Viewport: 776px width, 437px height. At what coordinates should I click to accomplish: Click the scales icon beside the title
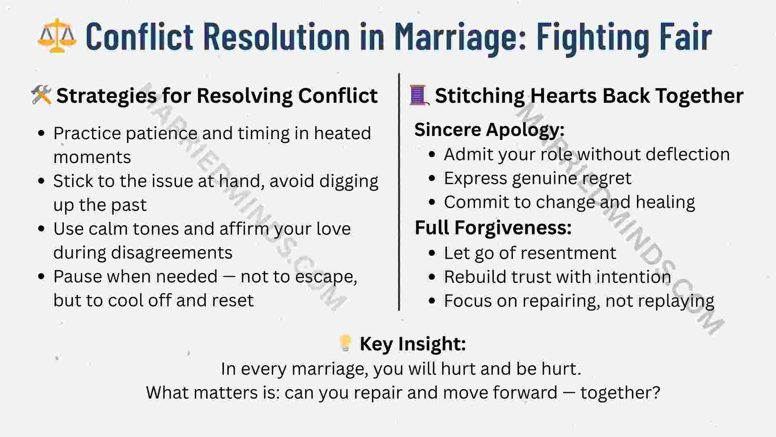tap(57, 36)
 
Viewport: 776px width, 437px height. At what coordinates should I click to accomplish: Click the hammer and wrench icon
tap(41, 95)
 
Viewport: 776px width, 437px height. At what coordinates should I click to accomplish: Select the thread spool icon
tap(419, 95)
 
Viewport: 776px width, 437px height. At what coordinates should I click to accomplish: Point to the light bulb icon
tap(346, 343)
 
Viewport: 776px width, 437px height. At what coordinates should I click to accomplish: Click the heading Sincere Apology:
tap(489, 130)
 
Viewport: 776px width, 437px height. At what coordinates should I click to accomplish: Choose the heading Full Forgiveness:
tap(493, 227)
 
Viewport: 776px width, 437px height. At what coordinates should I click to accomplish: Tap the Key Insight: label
tap(413, 344)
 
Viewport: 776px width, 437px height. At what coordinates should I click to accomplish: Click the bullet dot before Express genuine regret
tap(432, 178)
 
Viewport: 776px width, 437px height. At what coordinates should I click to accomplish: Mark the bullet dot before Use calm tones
tap(41, 229)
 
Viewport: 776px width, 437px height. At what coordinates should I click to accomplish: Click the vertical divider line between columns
tap(399, 192)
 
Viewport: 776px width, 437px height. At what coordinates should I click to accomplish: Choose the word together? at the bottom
tap(620, 393)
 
